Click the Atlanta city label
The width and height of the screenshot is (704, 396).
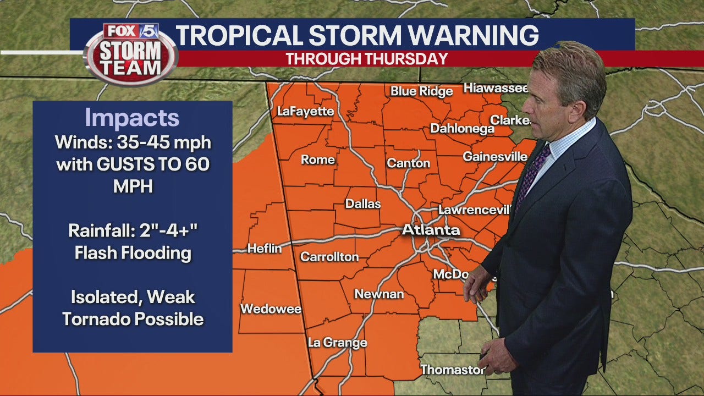[x=431, y=229]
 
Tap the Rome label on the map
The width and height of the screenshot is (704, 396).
[x=318, y=160]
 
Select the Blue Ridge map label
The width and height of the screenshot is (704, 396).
[x=421, y=91]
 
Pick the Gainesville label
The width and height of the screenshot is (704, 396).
[x=495, y=157]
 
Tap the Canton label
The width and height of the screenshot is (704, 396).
[x=408, y=163]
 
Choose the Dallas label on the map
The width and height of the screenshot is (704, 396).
[x=363, y=204]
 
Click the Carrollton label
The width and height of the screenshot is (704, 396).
[x=329, y=257]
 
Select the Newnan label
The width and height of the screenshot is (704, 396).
[x=378, y=294]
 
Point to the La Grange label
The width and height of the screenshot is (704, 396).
[x=337, y=343]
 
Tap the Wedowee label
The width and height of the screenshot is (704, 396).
[x=271, y=309]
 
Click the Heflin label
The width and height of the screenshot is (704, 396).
[x=265, y=249]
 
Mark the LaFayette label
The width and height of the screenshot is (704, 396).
[x=305, y=111]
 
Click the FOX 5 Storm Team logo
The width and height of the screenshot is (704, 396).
[x=131, y=54]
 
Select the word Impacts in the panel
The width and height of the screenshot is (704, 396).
[x=132, y=118]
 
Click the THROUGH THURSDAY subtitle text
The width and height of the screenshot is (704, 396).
[x=366, y=59]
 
